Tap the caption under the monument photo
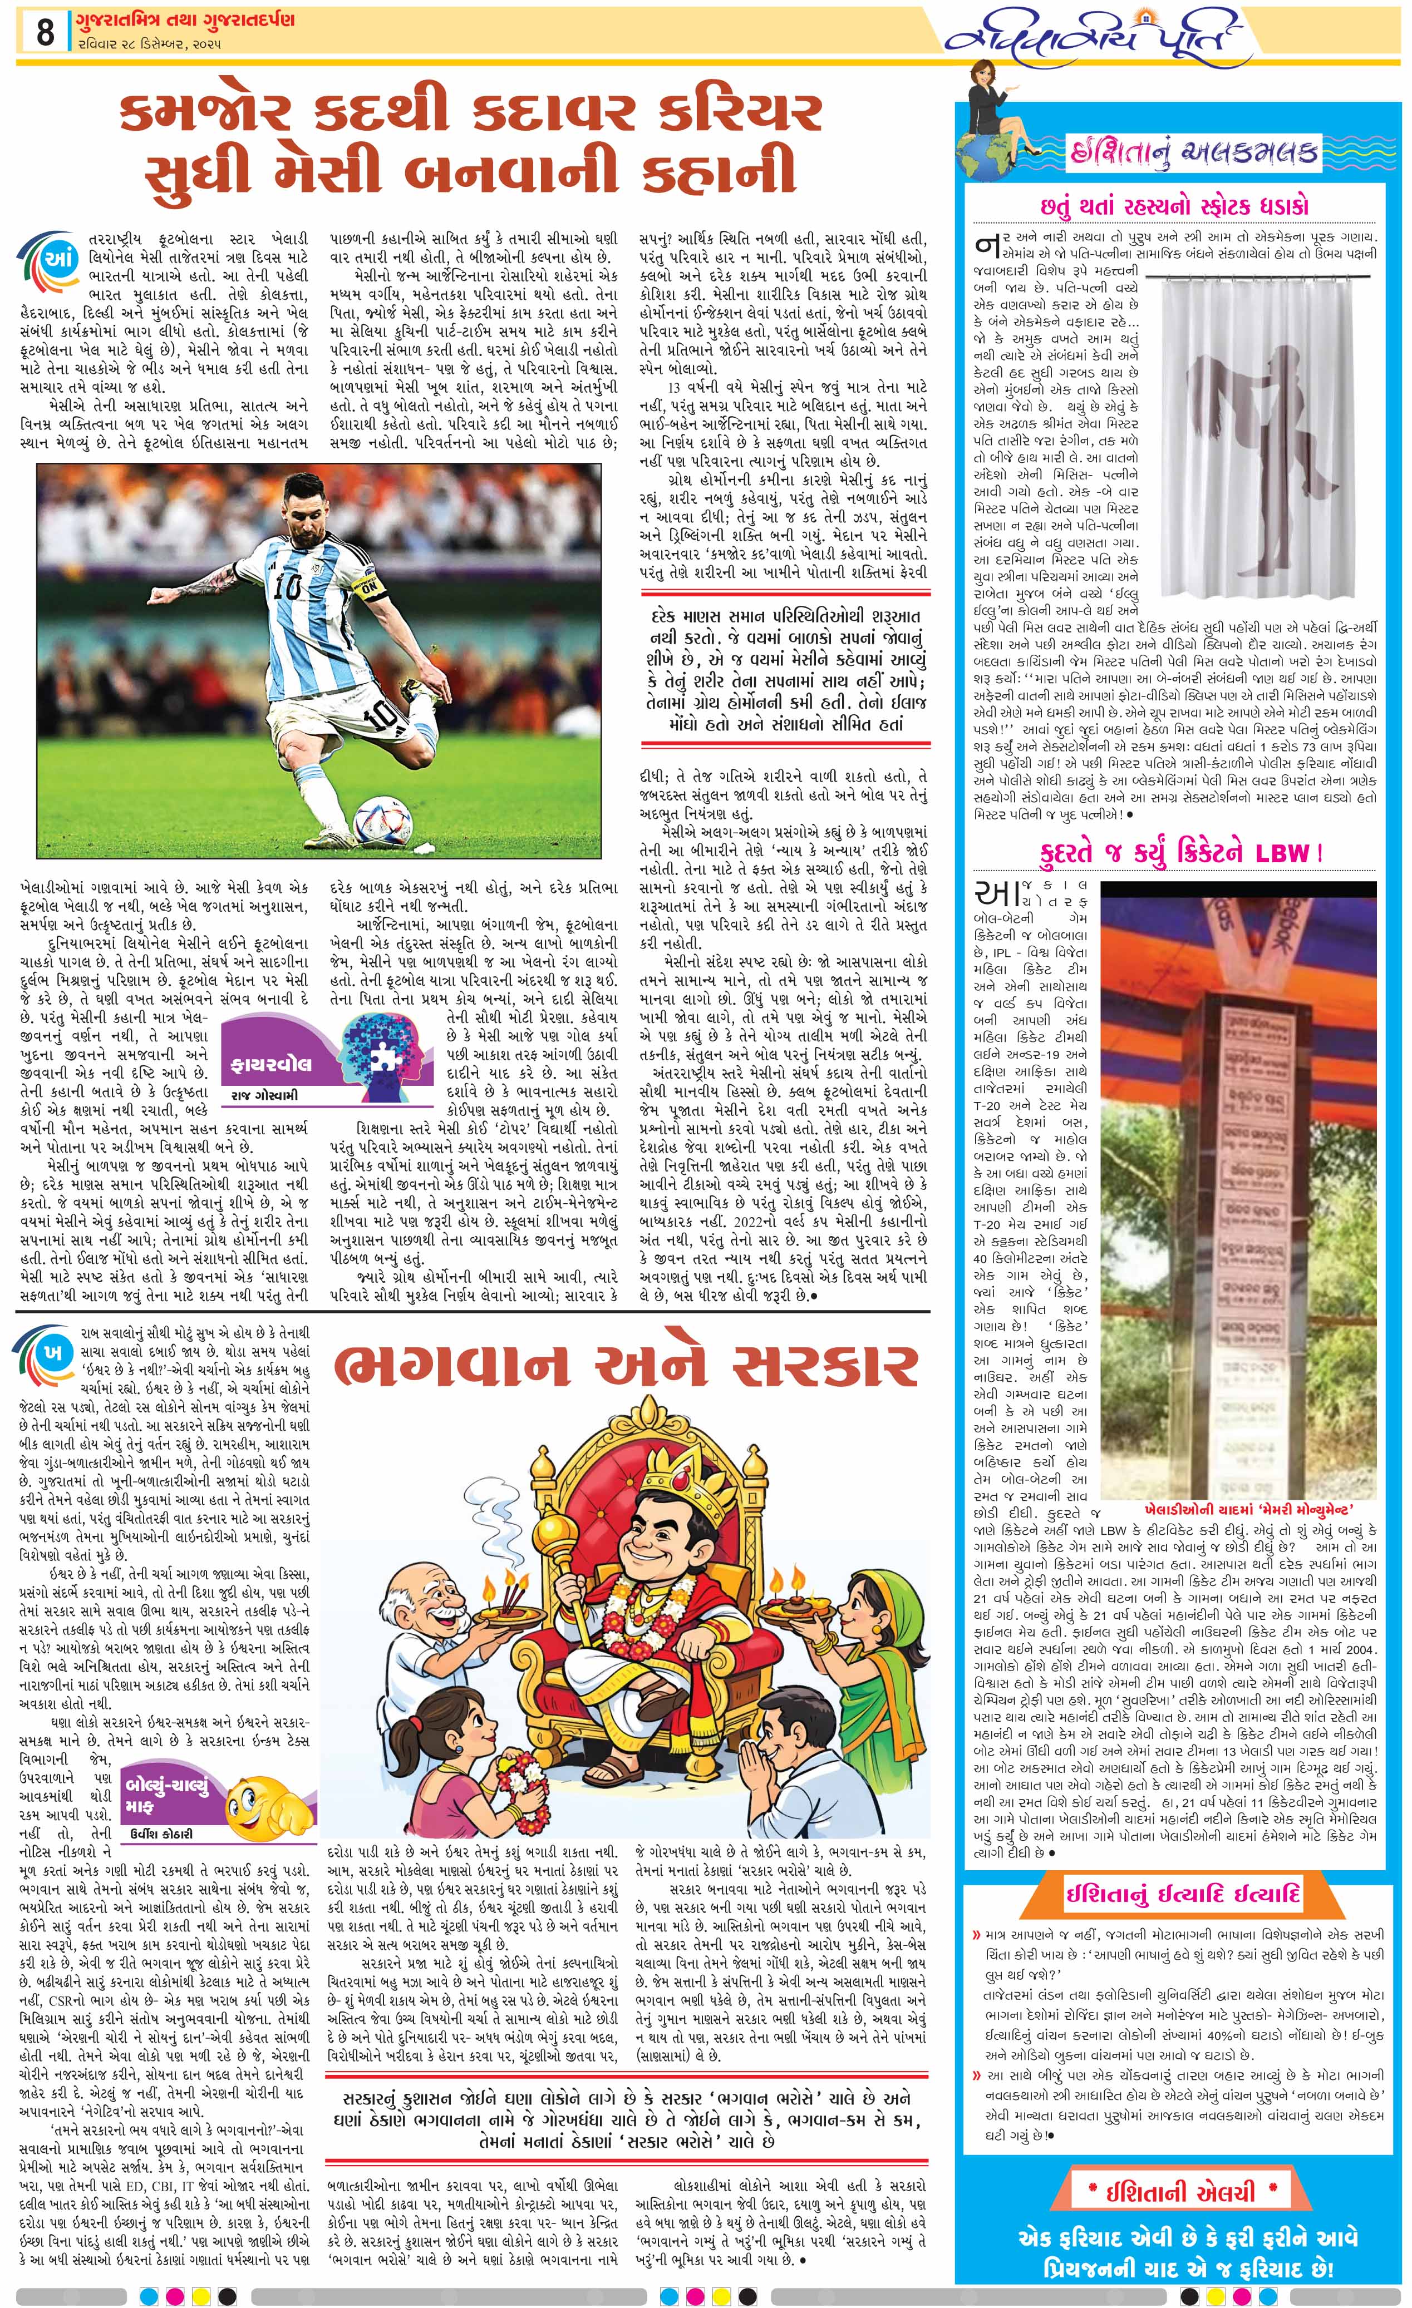coord(1248,1510)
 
